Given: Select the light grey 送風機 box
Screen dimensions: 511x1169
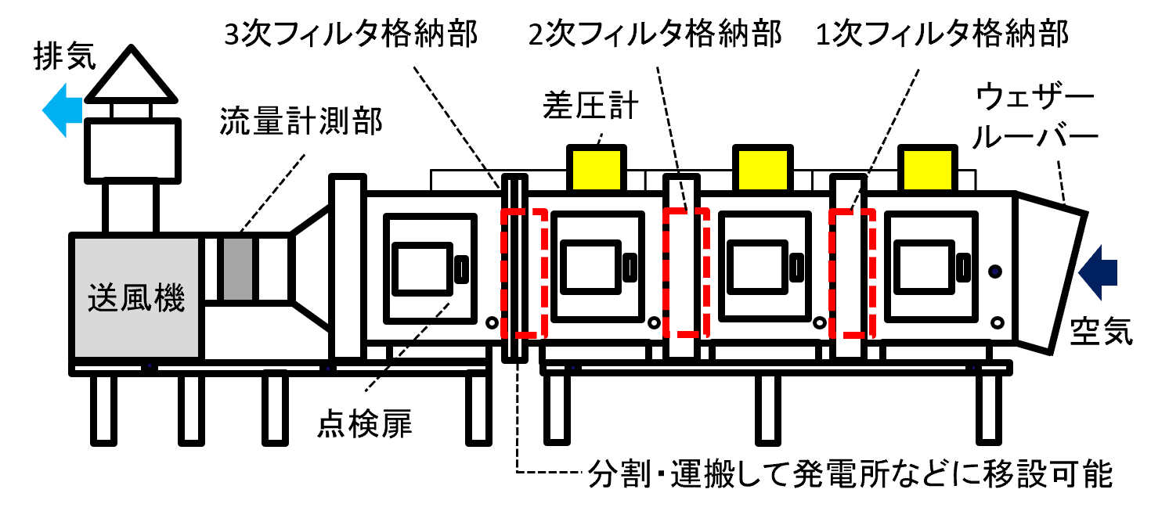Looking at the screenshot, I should pyautogui.click(x=136, y=258).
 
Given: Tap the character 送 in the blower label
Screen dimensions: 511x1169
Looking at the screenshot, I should pyautogui.click(x=103, y=298).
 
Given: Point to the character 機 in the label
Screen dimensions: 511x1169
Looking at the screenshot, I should pyautogui.click(x=170, y=298).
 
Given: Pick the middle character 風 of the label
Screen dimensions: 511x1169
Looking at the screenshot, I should pyautogui.click(x=136, y=298).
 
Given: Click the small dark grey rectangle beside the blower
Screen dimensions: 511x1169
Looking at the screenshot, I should pyautogui.click(x=238, y=269).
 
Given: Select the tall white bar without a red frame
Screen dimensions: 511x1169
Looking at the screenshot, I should pyautogui.click(x=348, y=268).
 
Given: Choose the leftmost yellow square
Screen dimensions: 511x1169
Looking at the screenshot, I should pyautogui.click(x=597, y=170).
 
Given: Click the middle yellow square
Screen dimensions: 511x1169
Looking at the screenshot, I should pyautogui.click(x=763, y=170).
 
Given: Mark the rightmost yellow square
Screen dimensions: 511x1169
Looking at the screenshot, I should pyautogui.click(x=928, y=170).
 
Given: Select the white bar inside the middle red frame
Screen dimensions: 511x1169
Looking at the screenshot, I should pyautogui.click(x=682, y=274).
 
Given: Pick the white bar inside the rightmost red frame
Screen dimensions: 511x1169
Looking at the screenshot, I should pyautogui.click(x=849, y=274).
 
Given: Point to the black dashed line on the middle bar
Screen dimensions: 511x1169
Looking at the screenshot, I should pyautogui.click(x=683, y=196).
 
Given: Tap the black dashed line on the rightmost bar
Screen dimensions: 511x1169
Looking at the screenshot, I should pyautogui.click(x=856, y=199).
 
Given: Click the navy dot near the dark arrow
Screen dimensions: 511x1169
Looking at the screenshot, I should pyautogui.click(x=995, y=272).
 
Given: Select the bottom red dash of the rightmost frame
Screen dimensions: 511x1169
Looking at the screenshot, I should pyautogui.click(x=854, y=335).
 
